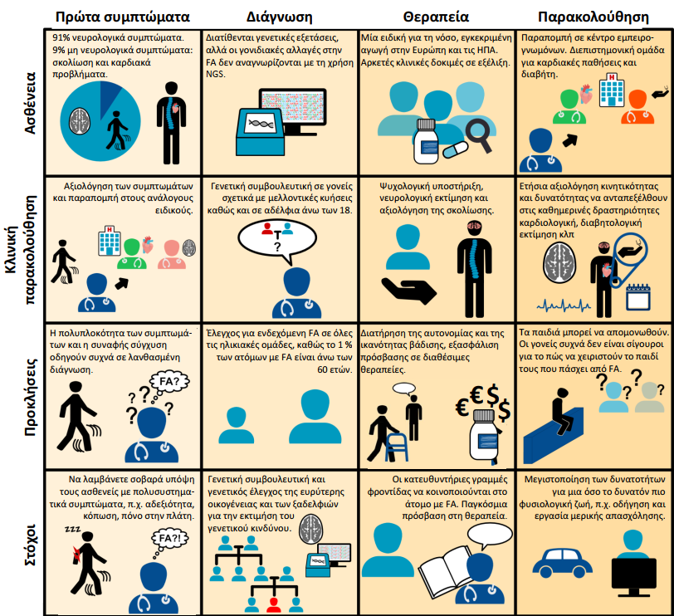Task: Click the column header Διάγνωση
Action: click(x=279, y=16)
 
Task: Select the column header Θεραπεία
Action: click(x=436, y=16)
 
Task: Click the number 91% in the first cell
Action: click(x=62, y=38)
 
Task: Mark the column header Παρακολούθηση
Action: click(x=592, y=16)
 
